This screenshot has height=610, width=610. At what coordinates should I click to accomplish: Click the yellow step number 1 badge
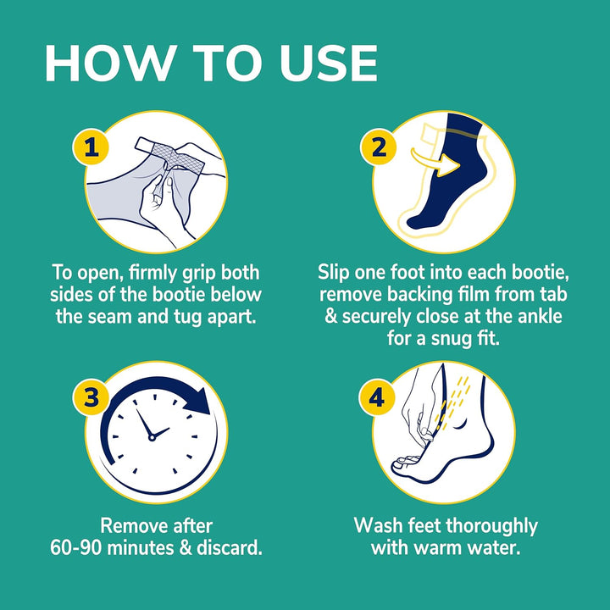point(95,149)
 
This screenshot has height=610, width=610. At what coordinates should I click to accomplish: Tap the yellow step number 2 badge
point(379,149)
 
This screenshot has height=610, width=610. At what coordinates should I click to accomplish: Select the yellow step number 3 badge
point(95,396)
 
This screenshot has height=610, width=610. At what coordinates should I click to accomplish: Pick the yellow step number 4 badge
point(379,396)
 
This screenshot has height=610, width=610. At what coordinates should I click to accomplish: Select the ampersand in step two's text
point(326,317)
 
